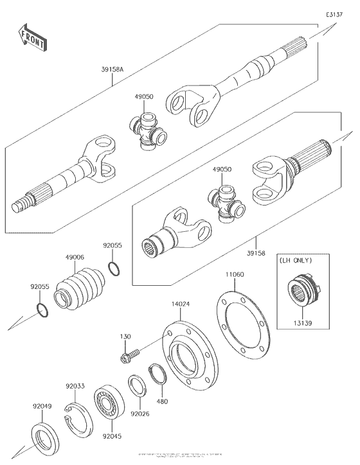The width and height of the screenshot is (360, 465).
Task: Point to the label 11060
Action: tap(235, 274)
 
